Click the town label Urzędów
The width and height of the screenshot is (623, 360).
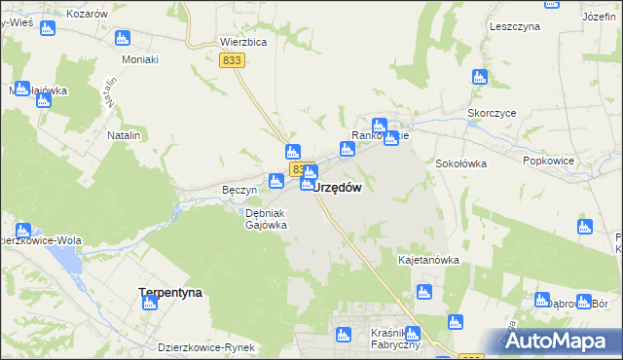click(x=339, y=189)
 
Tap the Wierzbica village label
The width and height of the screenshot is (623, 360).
click(x=242, y=43)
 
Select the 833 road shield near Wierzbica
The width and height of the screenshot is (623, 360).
click(x=232, y=60)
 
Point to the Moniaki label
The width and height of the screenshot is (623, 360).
click(x=139, y=59)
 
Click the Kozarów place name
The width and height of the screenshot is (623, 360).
click(x=87, y=14)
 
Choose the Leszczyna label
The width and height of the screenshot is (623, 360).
click(x=515, y=27)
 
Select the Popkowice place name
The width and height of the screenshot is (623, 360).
click(x=547, y=161)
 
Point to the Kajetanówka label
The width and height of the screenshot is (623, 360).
click(x=428, y=261)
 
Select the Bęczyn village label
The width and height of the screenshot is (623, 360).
click(x=238, y=190)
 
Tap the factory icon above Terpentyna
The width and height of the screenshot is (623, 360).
click(x=150, y=303)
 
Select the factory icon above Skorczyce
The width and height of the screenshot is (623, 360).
click(x=478, y=77)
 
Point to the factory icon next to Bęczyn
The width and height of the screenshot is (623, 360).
click(x=276, y=180)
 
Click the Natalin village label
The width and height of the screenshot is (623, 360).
click(x=124, y=135)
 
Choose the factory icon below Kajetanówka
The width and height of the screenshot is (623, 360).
click(x=422, y=291)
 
